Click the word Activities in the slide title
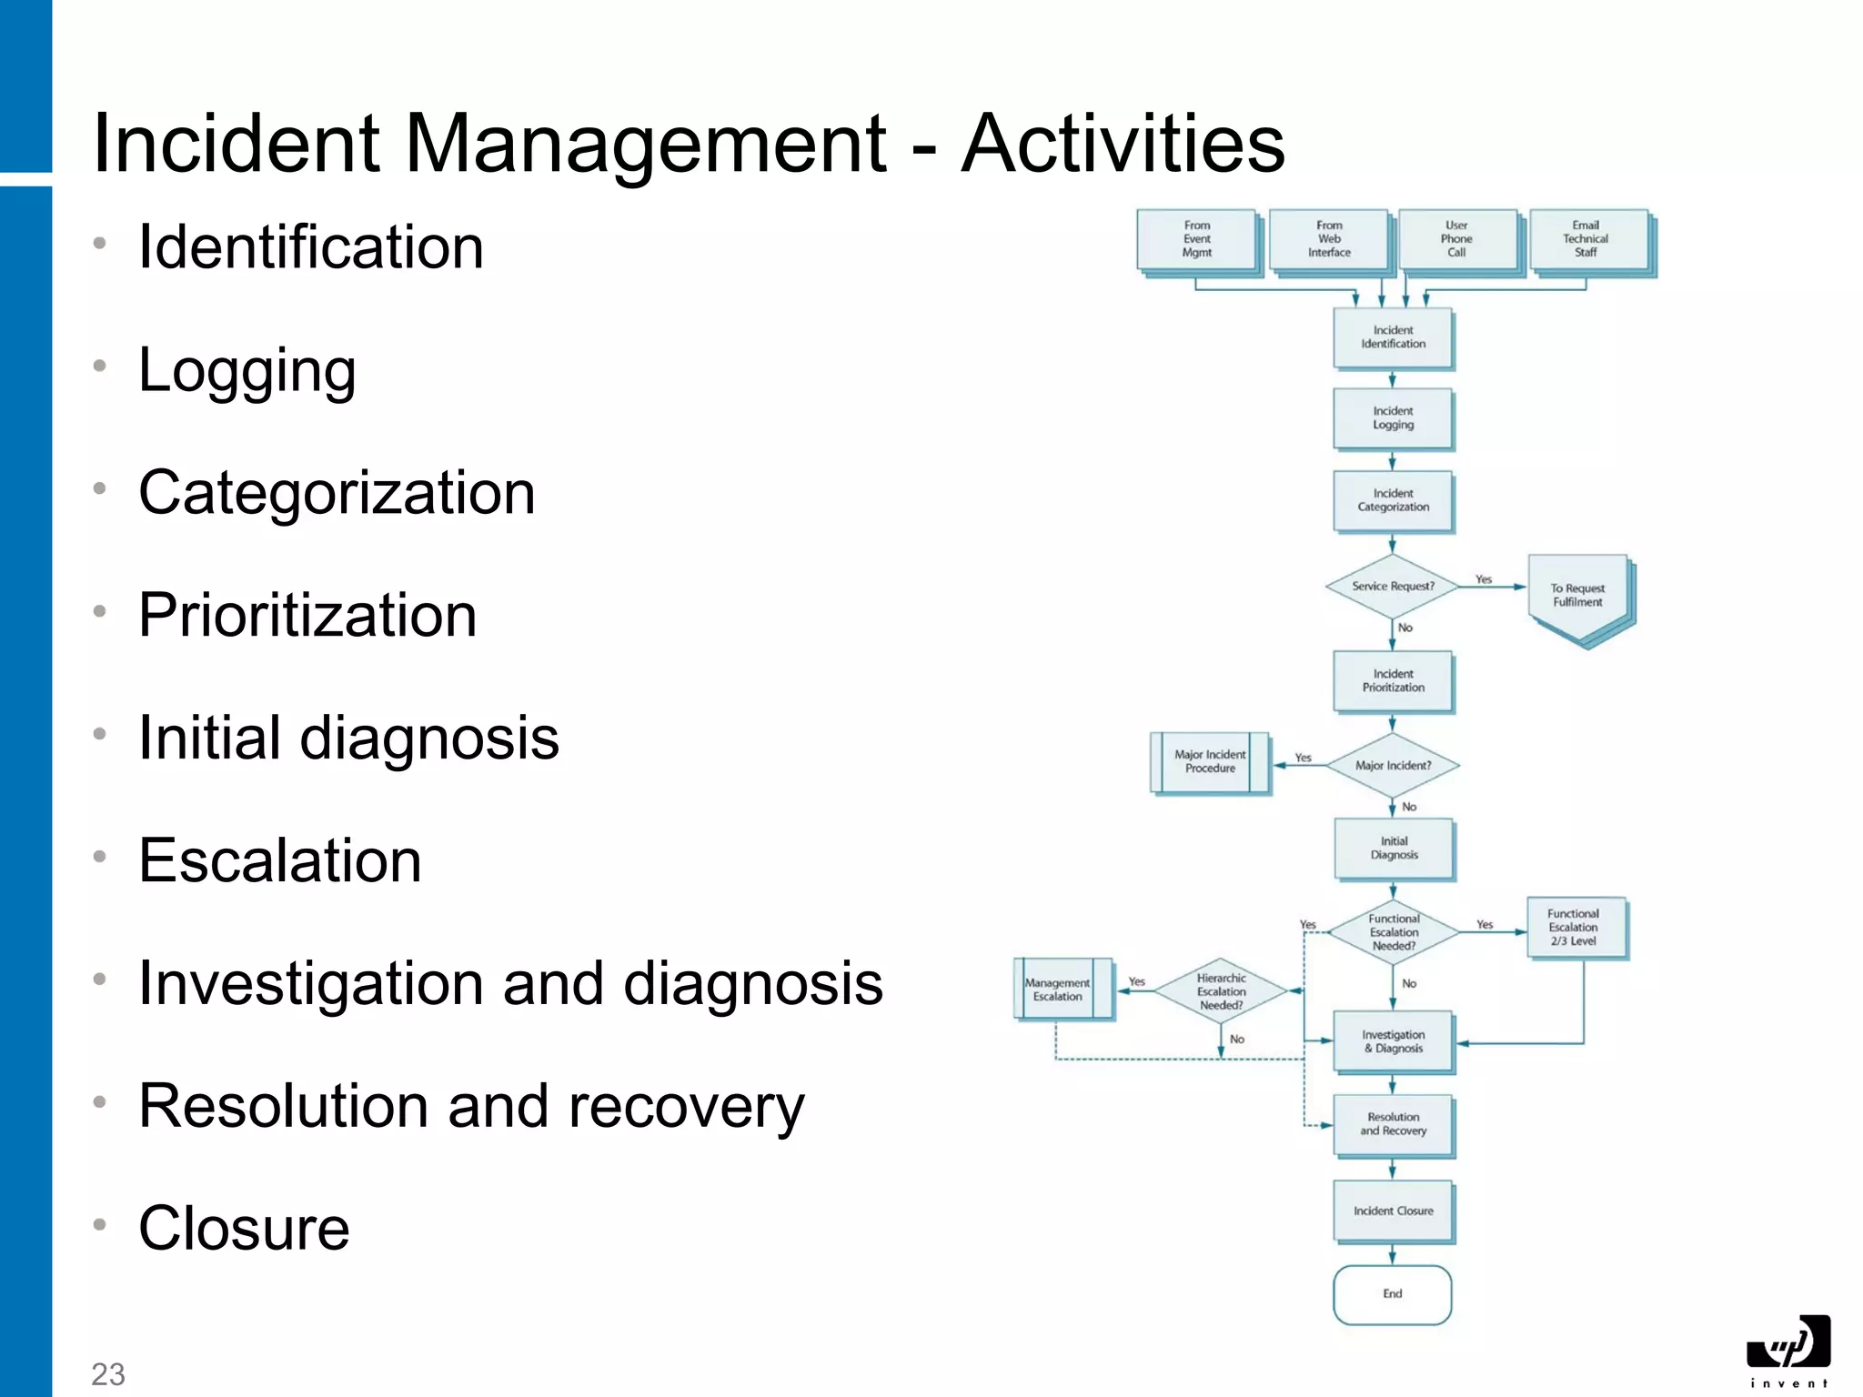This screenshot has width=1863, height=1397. click(x=1123, y=144)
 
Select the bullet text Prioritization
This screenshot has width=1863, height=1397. click(x=307, y=616)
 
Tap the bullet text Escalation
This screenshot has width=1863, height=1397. click(x=280, y=860)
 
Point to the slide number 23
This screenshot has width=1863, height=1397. click(x=108, y=1373)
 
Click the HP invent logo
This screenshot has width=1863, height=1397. click(x=1787, y=1350)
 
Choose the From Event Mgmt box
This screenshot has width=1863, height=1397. click(x=1196, y=239)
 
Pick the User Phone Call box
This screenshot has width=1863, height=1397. click(x=1456, y=239)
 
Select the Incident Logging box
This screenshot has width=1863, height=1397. click(x=1393, y=418)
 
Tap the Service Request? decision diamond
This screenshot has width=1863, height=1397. click(x=1393, y=587)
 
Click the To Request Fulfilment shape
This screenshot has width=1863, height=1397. click(x=1578, y=597)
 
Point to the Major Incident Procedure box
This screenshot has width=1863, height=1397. click(x=1210, y=762)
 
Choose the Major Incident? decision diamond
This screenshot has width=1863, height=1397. click(x=1393, y=766)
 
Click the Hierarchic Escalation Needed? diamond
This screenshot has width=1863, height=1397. click(x=1221, y=992)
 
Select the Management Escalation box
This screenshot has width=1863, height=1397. click(x=1058, y=990)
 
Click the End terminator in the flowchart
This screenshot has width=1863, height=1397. click(x=1393, y=1294)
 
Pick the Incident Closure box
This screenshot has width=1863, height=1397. click(x=1393, y=1211)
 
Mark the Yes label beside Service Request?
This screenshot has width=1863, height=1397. click(x=1484, y=579)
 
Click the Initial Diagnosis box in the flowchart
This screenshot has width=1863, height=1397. click(x=1394, y=849)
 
